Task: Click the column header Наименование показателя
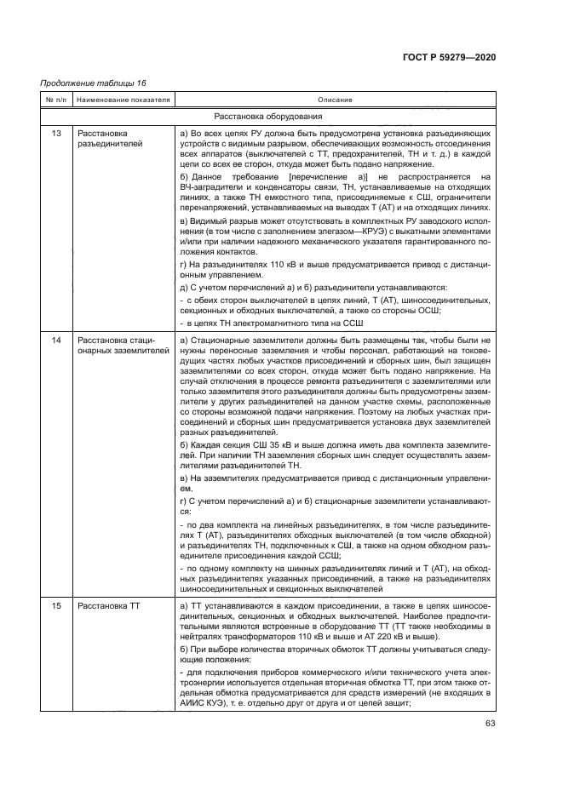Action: [x=123, y=100]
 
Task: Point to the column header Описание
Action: [x=334, y=100]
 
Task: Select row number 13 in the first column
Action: [x=56, y=134]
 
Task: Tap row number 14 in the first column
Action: [x=56, y=341]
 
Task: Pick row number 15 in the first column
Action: [x=56, y=605]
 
